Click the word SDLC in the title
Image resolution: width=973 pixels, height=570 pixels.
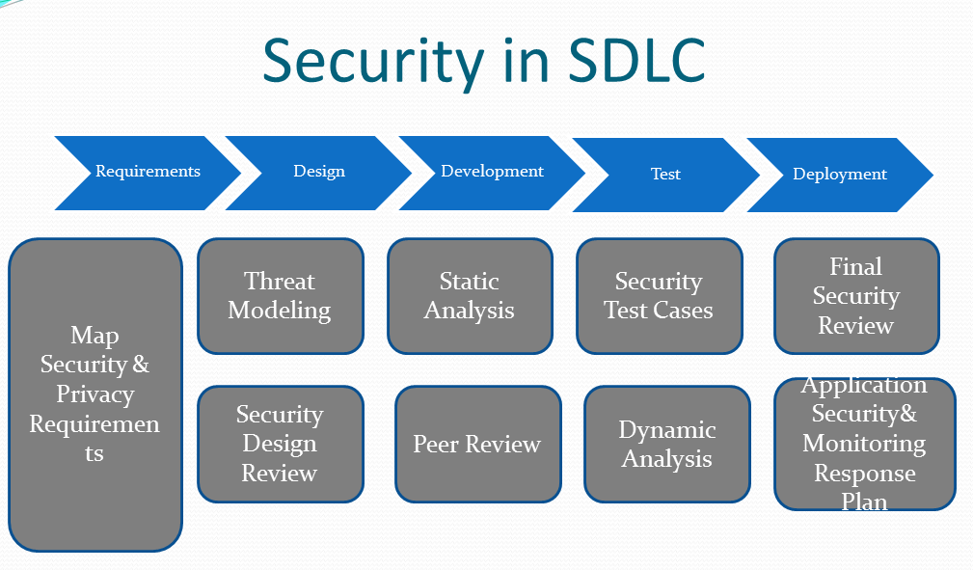pyautogui.click(x=636, y=60)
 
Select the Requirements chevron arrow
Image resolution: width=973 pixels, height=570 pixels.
pyautogui.click(x=148, y=173)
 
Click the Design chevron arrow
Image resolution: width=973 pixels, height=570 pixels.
pyautogui.click(x=318, y=173)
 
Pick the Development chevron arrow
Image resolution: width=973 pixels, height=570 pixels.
pyautogui.click(x=492, y=173)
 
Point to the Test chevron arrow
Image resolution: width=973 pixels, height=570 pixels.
pyautogui.click(x=665, y=175)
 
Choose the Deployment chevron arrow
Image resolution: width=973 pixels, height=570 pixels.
pyautogui.click(x=840, y=175)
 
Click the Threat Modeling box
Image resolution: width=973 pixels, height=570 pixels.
pyautogui.click(x=281, y=296)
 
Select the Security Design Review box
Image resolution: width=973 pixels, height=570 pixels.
pyautogui.click(x=281, y=444)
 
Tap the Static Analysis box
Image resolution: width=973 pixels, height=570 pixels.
pyautogui.click(x=470, y=296)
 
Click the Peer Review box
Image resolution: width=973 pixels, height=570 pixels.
pyautogui.click(x=477, y=444)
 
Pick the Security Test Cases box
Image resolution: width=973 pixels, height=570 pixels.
pyautogui.click(x=659, y=296)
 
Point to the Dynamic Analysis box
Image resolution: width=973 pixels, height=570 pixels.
pyautogui.click(x=667, y=444)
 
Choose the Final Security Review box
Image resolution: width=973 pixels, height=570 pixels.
pyautogui.click(x=856, y=296)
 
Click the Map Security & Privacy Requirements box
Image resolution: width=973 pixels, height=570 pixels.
pyautogui.click(x=95, y=394)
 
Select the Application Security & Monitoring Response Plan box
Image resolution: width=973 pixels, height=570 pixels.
pyautogui.click(x=864, y=444)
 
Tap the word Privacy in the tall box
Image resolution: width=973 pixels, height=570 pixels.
pyautogui.click(x=95, y=394)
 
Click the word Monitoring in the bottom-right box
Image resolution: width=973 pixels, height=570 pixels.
pyautogui.click(x=864, y=444)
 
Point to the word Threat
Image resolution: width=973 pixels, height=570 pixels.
pyautogui.click(x=280, y=282)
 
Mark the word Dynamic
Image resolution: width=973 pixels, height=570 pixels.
pyautogui.click(x=667, y=430)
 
